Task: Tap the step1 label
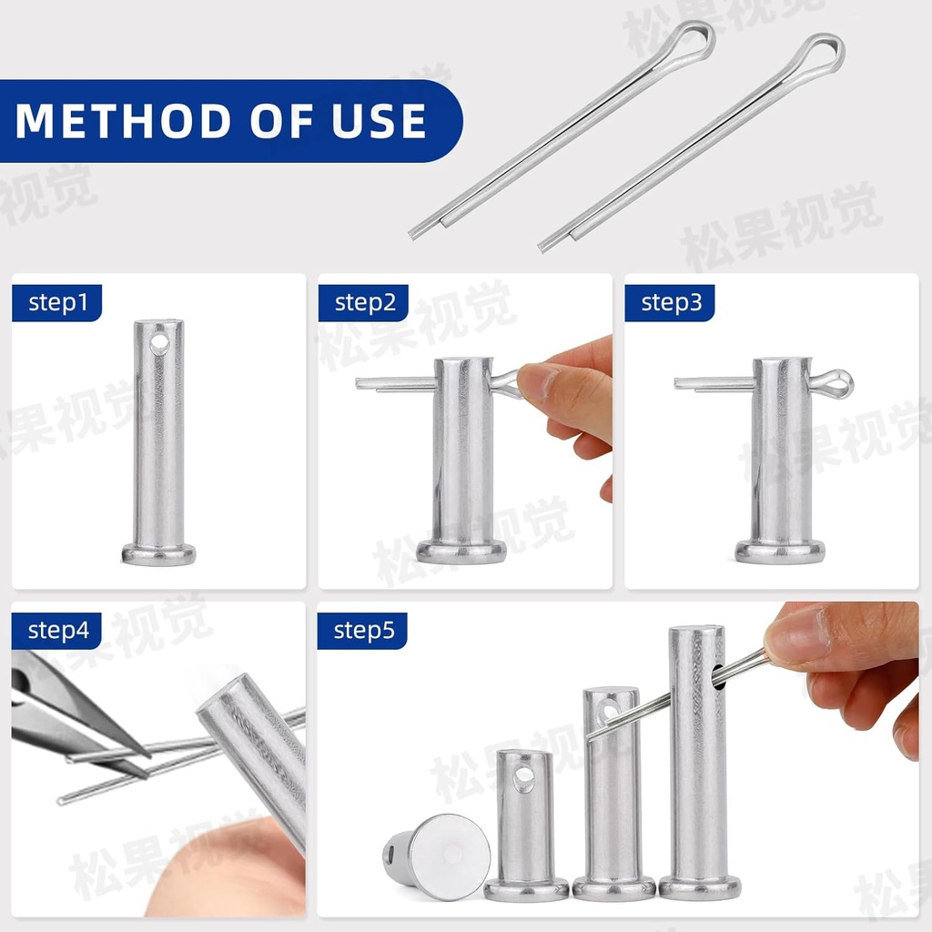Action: pos(57,303)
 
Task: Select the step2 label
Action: pos(364,303)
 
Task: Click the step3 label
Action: pos(671,303)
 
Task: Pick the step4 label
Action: pos(57,630)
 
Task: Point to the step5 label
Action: pos(363,630)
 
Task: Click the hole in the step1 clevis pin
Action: pos(159,343)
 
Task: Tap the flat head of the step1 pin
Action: pos(158,553)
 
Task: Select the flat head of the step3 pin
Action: pos(780,551)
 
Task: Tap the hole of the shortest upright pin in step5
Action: pos(524,779)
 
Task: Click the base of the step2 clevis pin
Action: pos(461,551)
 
